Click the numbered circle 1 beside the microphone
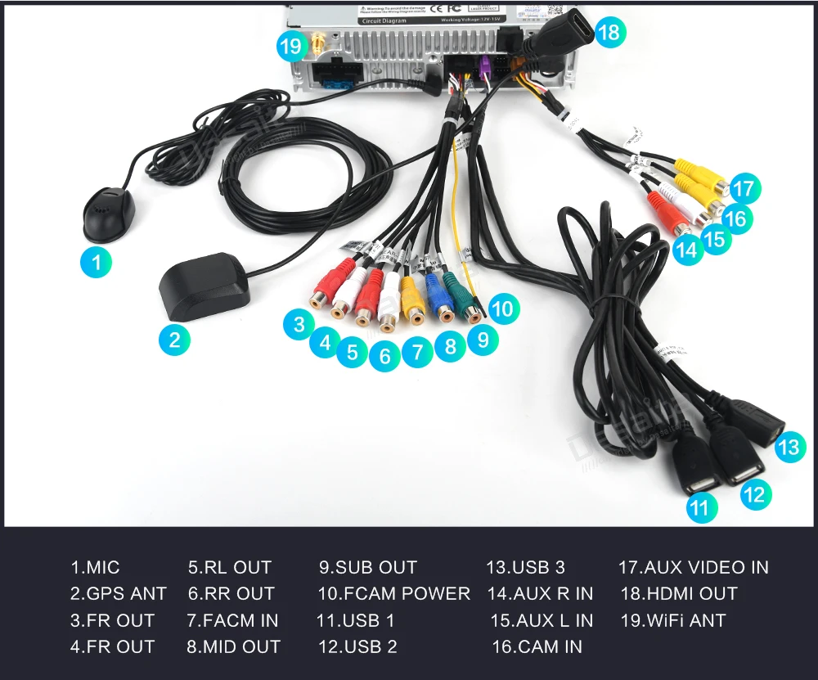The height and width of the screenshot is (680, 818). (x=97, y=263)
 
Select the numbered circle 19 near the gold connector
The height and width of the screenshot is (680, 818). (x=291, y=47)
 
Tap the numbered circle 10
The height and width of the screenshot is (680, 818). (x=503, y=308)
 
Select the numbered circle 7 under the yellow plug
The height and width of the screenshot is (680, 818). (x=418, y=353)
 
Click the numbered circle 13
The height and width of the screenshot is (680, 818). (x=788, y=447)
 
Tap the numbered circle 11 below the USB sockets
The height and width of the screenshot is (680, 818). (x=699, y=508)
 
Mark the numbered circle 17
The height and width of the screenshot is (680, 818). (x=744, y=189)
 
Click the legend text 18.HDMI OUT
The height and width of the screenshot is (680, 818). (x=678, y=593)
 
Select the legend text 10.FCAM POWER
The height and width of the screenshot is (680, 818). (x=393, y=593)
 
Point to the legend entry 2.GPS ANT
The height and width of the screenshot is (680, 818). (x=118, y=593)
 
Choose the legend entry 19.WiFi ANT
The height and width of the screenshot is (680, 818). (x=672, y=620)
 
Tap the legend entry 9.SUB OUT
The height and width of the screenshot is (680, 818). (x=367, y=567)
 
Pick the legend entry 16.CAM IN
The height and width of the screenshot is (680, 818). (x=537, y=646)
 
